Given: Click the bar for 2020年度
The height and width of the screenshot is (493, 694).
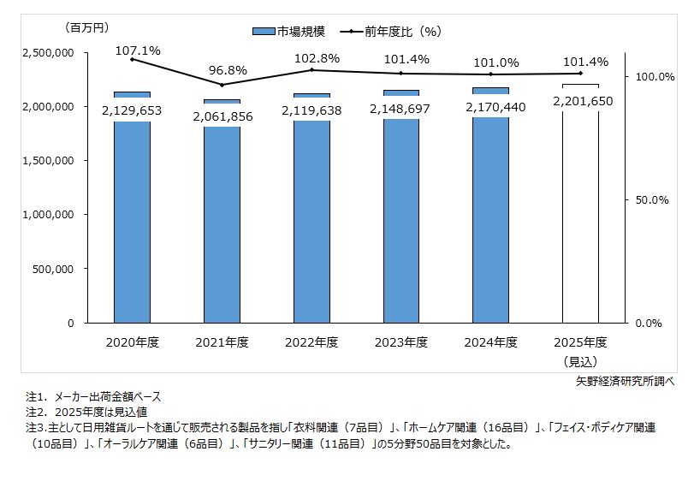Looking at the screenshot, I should click(x=132, y=223).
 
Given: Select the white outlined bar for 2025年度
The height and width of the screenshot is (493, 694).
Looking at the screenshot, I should click(x=580, y=223).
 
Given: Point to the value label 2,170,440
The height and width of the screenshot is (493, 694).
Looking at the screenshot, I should click(x=490, y=107).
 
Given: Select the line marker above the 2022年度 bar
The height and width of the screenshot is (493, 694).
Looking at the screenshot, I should click(x=311, y=70).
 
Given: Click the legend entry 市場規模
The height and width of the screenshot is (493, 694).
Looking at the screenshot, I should click(x=289, y=31).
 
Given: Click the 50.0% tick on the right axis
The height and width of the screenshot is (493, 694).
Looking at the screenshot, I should click(x=650, y=200).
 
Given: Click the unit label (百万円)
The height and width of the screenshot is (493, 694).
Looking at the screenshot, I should click(x=89, y=28).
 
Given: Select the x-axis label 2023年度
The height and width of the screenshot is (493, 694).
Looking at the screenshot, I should click(x=401, y=342).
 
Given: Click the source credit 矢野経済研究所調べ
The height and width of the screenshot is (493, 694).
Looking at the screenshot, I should click(x=626, y=382).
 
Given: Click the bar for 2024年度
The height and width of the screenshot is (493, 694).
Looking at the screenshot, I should click(x=490, y=223).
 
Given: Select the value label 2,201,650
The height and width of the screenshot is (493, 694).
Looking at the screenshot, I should click(x=581, y=101).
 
